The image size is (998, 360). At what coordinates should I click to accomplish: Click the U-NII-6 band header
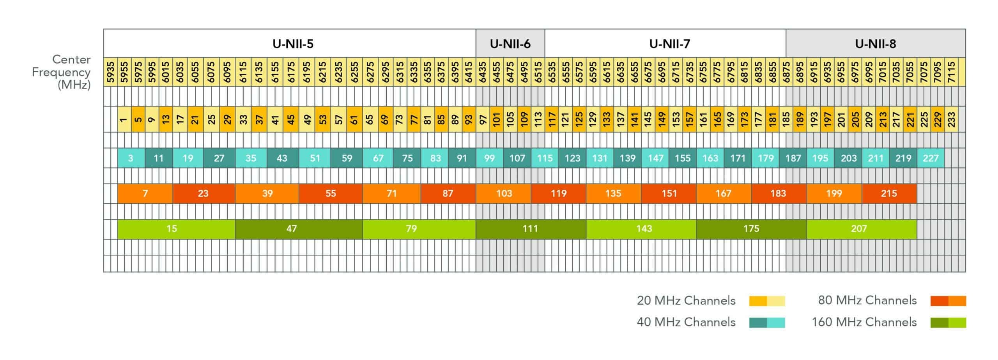(x=510, y=44)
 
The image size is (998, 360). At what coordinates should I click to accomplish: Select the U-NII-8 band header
(x=875, y=44)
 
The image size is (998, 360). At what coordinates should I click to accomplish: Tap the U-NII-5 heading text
(x=293, y=44)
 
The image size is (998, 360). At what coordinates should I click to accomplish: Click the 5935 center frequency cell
(x=111, y=72)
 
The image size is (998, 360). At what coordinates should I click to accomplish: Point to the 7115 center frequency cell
(x=951, y=72)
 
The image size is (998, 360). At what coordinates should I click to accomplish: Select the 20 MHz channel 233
(x=951, y=119)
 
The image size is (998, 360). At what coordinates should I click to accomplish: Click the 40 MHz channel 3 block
(x=131, y=158)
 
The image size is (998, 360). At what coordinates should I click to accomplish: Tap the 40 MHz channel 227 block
(x=931, y=158)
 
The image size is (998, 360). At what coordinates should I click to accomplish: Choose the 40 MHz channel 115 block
(x=545, y=158)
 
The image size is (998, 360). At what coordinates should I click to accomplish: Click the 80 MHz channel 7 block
(x=145, y=193)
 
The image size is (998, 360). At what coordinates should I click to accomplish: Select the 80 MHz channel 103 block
(x=503, y=193)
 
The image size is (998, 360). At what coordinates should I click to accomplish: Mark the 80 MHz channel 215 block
(x=889, y=193)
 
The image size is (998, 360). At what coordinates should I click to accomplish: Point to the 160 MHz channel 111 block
(x=531, y=229)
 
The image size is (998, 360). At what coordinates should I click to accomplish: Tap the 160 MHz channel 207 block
(x=862, y=229)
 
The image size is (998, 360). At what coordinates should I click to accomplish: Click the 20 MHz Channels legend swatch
(x=767, y=301)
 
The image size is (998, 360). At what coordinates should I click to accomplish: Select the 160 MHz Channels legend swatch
(x=948, y=323)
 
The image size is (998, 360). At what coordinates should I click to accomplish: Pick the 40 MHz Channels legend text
(x=686, y=322)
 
